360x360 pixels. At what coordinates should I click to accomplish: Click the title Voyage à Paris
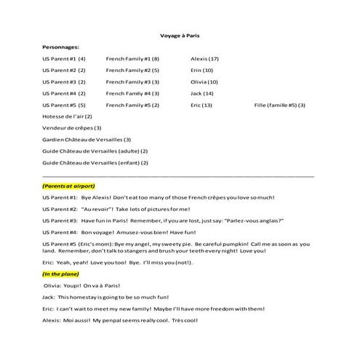tap(180, 35)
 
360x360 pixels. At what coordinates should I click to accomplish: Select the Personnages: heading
tap(61, 47)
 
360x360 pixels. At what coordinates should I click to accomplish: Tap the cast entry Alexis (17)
tap(204, 58)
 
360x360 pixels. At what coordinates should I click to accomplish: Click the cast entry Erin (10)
tap(201, 70)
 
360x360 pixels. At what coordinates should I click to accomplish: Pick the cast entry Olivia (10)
tap(204, 81)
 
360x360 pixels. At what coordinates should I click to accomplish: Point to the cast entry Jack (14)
tap(201, 93)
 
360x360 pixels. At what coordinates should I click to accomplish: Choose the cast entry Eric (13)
tap(201, 105)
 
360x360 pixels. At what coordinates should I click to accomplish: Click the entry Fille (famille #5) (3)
tap(280, 105)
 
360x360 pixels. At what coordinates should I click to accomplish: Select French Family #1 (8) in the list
tap(132, 58)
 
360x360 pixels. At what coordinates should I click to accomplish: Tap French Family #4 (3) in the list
tap(132, 93)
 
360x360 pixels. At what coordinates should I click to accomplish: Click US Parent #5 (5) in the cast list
tap(64, 105)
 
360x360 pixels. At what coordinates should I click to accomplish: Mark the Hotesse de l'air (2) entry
tap(68, 116)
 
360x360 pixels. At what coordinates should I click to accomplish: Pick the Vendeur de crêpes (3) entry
tap(72, 128)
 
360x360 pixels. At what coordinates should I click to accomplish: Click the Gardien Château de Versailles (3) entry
tap(87, 140)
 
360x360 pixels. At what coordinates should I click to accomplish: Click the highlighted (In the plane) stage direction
tap(64, 274)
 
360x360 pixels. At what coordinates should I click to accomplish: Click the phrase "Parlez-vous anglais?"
tap(247, 220)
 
